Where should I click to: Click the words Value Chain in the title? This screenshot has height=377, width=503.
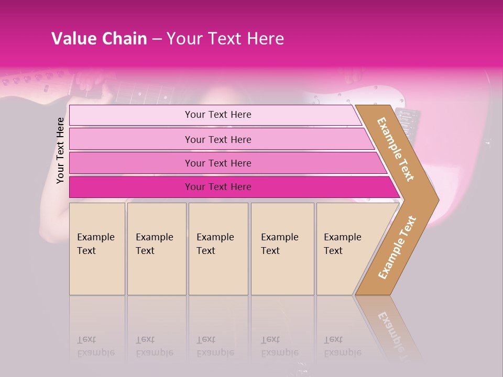click(x=99, y=39)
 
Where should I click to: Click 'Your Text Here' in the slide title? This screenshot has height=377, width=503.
click(x=225, y=39)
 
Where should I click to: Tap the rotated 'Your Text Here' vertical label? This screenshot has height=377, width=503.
click(x=60, y=150)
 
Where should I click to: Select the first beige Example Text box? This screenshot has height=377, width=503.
click(x=97, y=249)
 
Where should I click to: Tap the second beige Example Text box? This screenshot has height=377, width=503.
click(x=156, y=249)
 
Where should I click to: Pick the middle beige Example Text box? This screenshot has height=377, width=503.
click(x=218, y=249)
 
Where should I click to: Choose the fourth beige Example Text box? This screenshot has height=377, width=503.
click(x=282, y=249)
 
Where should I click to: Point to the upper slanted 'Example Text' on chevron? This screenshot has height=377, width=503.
click(x=396, y=149)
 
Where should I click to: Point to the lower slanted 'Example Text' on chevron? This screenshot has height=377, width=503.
click(x=397, y=247)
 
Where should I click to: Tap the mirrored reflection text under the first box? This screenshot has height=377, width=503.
click(x=96, y=346)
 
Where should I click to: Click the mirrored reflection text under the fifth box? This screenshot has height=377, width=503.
click(x=343, y=346)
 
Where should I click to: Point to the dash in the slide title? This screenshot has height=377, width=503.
click(x=157, y=39)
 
